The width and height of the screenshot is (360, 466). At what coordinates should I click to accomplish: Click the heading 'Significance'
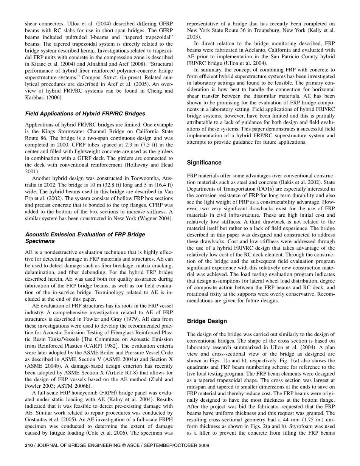(x=204, y=163)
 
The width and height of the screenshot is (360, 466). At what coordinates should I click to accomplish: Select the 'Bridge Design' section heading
(x=207, y=321)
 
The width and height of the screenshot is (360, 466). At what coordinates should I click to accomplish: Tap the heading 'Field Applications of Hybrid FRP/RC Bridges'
(x=85, y=113)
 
